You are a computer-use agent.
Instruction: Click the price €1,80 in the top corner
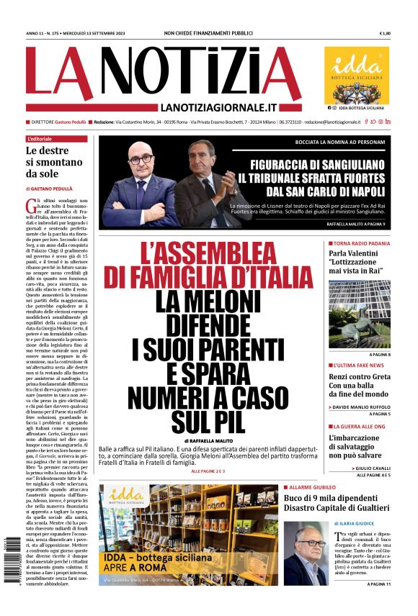(384, 34)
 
